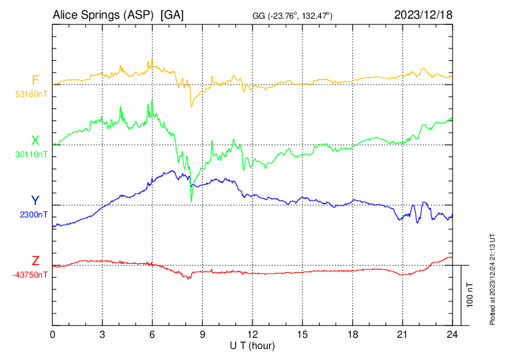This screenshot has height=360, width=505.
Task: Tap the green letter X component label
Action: coord(35,141)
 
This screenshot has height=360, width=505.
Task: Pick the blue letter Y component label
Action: coord(35,201)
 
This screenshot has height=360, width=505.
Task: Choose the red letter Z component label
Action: coord(35,261)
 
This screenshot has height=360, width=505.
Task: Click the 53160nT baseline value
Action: coord(31,94)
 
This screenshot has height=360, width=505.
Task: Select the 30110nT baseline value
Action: coord(31,154)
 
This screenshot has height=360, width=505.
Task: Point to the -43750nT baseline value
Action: coord(30,275)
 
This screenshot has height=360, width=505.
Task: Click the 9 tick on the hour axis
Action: coord(203,334)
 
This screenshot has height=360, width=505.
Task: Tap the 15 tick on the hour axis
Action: coord(302,334)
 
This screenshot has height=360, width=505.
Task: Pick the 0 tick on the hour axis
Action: coord(53,334)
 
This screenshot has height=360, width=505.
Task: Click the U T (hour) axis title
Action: coord(252,345)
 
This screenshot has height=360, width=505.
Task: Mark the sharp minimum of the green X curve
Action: coord(191,201)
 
